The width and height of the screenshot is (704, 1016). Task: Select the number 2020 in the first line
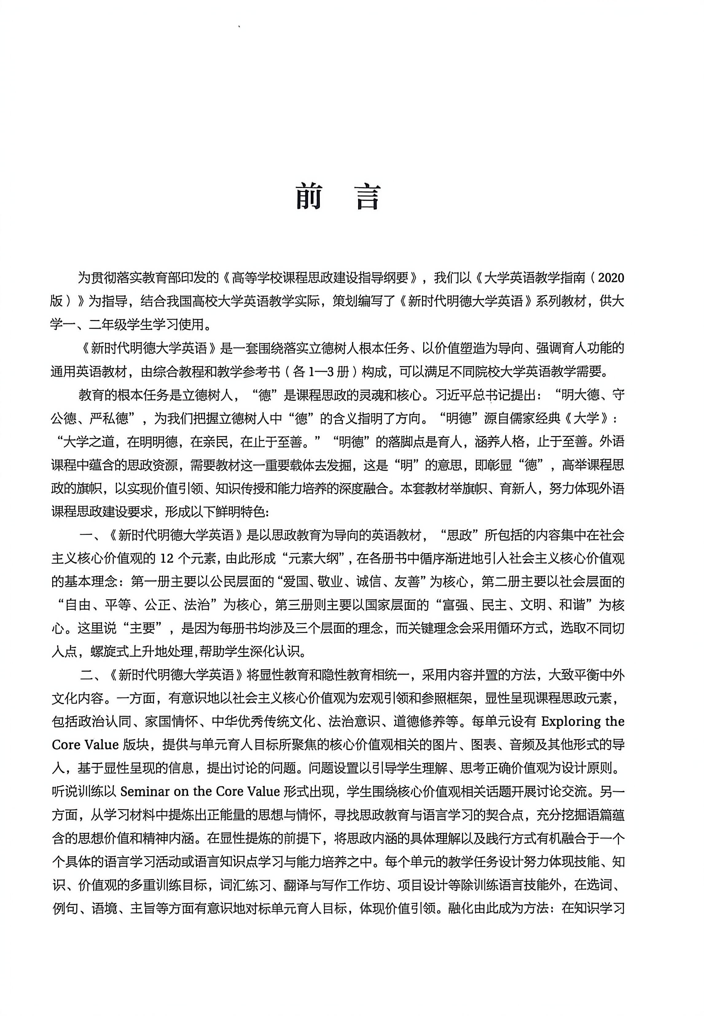pos(611,278)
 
